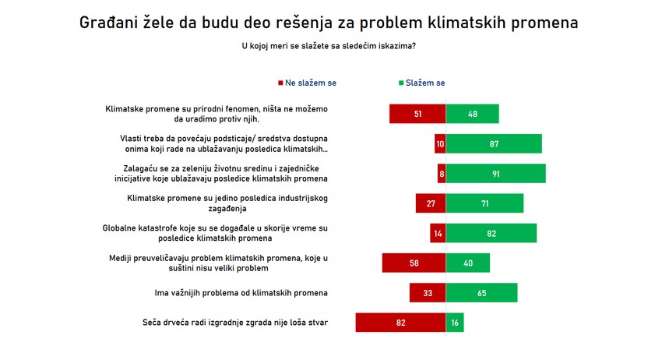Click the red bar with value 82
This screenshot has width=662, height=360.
tap(400, 323)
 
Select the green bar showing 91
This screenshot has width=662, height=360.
tap(495, 174)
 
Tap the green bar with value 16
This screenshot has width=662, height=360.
tap(455, 323)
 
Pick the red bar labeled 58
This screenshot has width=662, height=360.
tap(414, 263)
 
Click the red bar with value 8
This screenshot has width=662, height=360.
tap(442, 174)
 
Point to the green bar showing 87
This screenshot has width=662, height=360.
tap(494, 144)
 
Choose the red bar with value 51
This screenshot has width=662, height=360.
tap(417, 115)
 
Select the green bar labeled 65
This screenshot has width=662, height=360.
tap(481, 293)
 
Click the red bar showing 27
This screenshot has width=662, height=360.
tap(430, 203)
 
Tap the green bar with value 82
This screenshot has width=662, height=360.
tap(491, 234)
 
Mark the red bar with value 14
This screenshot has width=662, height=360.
tap(438, 234)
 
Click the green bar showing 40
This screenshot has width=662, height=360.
tap(467, 263)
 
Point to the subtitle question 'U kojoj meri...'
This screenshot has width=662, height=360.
tap(329, 46)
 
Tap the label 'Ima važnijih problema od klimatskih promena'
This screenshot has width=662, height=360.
tap(241, 293)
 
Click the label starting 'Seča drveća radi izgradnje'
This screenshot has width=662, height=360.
tap(234, 323)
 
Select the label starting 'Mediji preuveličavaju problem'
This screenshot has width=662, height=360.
tap(216, 263)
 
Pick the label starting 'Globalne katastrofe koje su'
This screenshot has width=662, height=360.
tap(216, 233)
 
